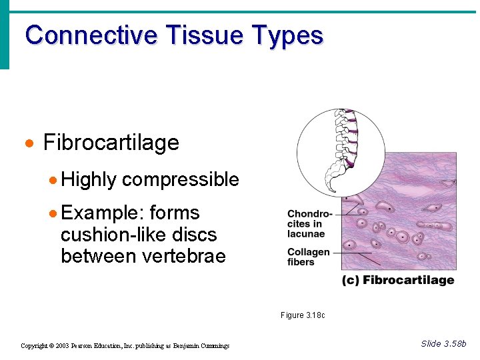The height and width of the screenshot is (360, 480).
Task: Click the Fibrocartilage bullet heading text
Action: point(111,143)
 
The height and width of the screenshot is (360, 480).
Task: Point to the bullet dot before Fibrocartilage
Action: point(29,143)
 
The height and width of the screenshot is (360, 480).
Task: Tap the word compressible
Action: point(181,179)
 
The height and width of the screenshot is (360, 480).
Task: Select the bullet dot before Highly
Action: point(53,180)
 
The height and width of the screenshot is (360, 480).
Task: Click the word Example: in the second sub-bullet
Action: point(102,213)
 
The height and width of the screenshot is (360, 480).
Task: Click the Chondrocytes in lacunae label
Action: point(309,224)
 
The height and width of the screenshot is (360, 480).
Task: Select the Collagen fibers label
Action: point(308,257)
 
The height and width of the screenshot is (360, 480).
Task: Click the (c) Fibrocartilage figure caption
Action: point(398,280)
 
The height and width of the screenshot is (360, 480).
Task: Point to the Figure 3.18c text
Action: point(302,315)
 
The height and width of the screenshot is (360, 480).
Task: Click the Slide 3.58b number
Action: point(443,343)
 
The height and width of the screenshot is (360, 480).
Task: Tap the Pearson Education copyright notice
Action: point(125,345)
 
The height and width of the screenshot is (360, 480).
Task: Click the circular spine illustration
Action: point(341,153)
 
